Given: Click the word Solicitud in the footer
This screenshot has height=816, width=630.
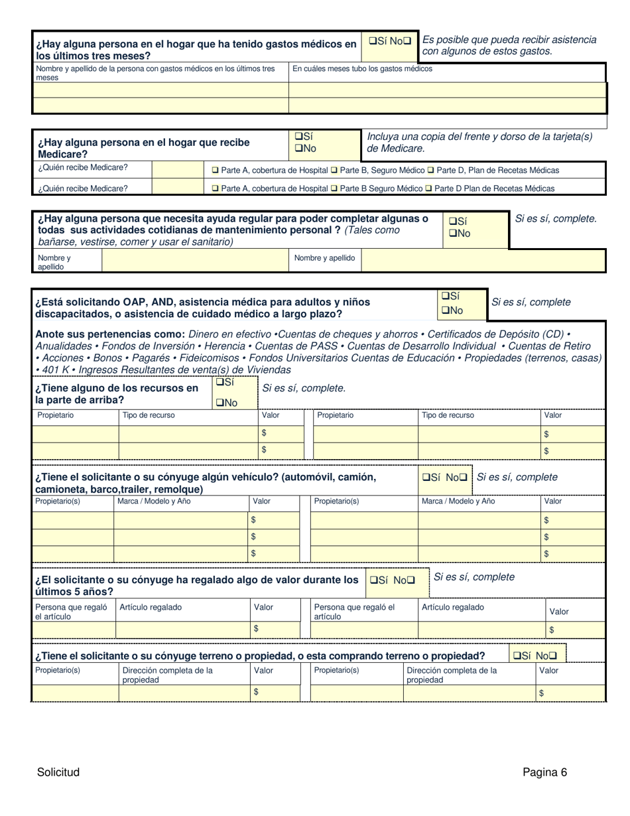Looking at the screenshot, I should [58, 772].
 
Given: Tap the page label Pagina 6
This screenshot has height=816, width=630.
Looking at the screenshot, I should [544, 772].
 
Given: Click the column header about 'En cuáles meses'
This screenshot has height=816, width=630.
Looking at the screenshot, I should [362, 68].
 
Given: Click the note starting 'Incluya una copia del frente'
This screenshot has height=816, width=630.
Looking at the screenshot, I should [479, 142].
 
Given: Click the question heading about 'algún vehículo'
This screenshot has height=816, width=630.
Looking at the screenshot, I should [206, 483].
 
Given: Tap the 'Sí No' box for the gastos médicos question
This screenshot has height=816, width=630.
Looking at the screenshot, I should [391, 41].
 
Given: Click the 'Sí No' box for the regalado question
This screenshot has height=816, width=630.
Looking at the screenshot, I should [391, 580].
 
